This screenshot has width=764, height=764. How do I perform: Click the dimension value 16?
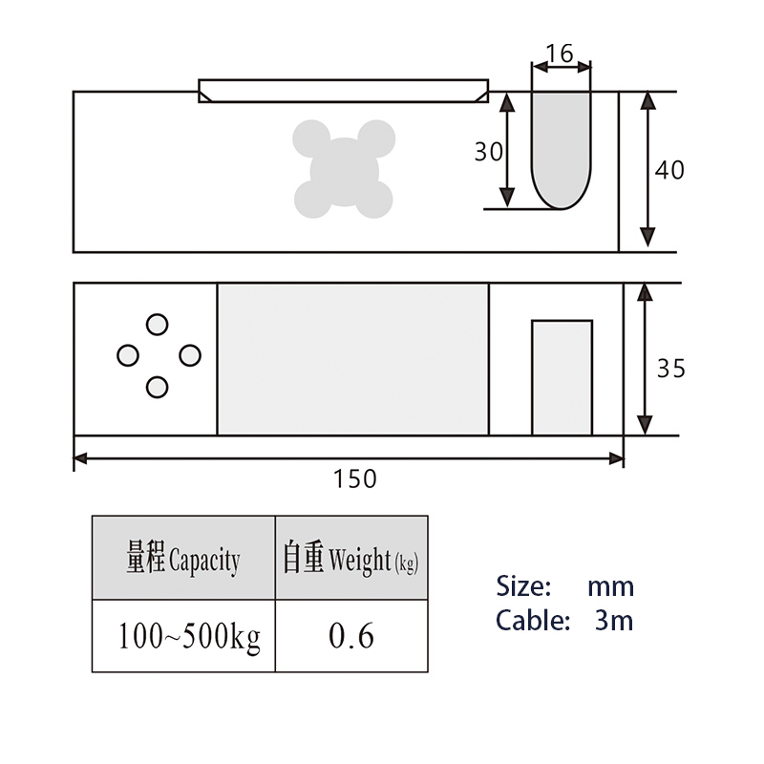pyautogui.click(x=560, y=53)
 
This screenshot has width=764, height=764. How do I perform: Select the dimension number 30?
pyautogui.click(x=489, y=152)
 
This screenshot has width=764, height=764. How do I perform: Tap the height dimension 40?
pyautogui.click(x=669, y=170)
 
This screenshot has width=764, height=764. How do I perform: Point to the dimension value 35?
pyautogui.click(x=671, y=369)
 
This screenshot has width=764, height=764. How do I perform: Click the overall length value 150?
pyautogui.click(x=354, y=479)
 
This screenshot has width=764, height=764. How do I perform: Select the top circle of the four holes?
pyautogui.click(x=157, y=325)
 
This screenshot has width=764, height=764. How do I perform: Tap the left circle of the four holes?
pyautogui.click(x=128, y=355)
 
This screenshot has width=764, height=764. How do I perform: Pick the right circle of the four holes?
pyautogui.click(x=189, y=355)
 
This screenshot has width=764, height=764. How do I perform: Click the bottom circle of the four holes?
pyautogui.click(x=157, y=388)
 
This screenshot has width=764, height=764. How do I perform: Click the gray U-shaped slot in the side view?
pyautogui.click(x=562, y=151)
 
